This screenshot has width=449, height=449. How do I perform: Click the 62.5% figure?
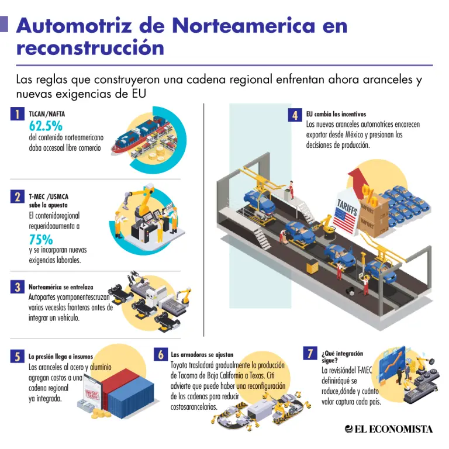tap(46, 126)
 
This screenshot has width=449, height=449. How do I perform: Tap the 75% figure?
tap(41, 239)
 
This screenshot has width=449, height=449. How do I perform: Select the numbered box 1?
tap(18, 114)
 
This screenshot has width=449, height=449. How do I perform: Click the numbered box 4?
tap(295, 116)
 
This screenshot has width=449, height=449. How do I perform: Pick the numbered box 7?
tap(310, 353)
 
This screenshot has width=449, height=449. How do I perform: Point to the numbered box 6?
tap(161, 354)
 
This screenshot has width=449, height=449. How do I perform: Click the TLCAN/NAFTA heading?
tap(47, 114)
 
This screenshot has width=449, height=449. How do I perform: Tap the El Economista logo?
tap(389, 429)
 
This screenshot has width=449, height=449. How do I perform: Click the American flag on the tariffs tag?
tap(346, 220)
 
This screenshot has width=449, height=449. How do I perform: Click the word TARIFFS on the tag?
tap(347, 208)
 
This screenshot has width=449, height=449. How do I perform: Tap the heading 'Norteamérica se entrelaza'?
tap(61, 287)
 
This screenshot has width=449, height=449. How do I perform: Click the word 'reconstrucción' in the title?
tap(90, 48)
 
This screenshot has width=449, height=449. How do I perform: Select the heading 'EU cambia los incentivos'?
tap(336, 114)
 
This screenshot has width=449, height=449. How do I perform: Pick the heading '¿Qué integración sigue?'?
tap(342, 357)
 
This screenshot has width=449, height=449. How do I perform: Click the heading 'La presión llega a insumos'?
tap(61, 357)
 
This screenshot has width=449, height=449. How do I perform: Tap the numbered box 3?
tap(18, 287)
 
